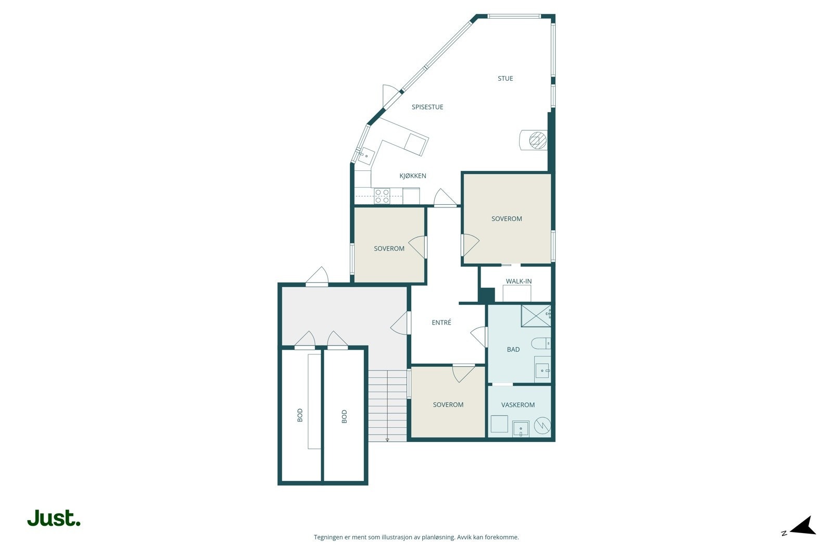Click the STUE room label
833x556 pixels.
click(505, 78)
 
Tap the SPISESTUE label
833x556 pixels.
click(427, 107)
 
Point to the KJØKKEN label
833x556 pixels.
click(413, 176)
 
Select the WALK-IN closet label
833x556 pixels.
click(519, 281)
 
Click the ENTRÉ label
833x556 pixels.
click(441, 322)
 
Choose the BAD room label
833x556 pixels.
click(513, 349)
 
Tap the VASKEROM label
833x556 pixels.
click(518, 404)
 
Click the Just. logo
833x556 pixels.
click(54, 517)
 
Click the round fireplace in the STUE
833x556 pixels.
click(537, 141)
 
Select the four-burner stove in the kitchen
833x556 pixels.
click(382, 196)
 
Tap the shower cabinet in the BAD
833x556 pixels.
click(536, 316)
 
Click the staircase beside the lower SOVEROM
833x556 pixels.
click(387, 405)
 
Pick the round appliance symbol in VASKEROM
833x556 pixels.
click(542, 425)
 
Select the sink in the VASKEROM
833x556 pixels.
click(521, 429)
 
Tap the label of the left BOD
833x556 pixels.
click(300, 415)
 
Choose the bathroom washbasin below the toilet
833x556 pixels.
click(542, 369)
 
